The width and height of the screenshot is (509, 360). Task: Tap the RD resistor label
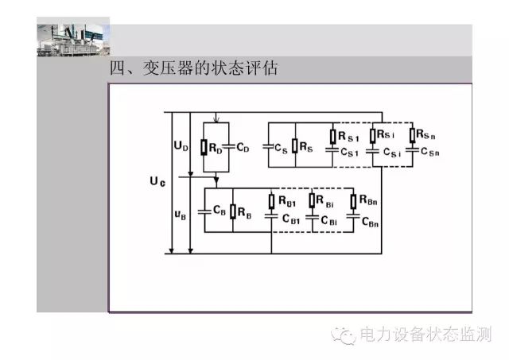216,147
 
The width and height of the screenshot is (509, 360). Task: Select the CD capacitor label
243,147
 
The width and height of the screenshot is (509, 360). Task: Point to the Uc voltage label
157,183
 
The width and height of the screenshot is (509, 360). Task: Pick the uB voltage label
181,214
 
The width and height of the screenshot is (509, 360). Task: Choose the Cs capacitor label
281,148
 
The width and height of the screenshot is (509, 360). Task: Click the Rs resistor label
306,146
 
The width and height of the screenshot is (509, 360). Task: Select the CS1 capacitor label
350,152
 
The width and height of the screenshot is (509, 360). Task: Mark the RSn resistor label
428,137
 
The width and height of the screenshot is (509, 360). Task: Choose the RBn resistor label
368,202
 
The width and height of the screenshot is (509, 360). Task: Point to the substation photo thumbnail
72,38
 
